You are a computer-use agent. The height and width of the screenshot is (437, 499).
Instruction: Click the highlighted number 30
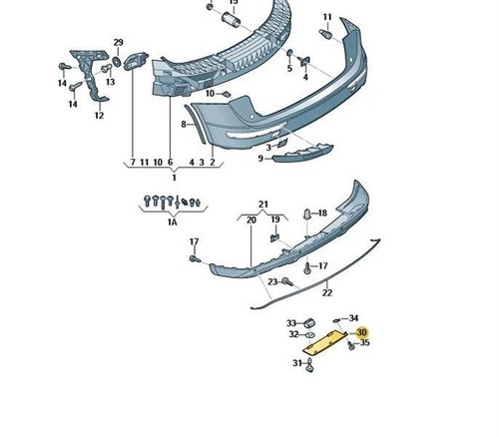pyautogui.click(x=361, y=332)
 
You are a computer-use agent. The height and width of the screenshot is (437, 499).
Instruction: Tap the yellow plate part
pyautogui.click(x=324, y=342)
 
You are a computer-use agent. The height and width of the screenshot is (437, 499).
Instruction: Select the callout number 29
pyautogui.click(x=118, y=42)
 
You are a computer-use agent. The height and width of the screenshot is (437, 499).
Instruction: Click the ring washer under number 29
pyautogui.click(x=117, y=61)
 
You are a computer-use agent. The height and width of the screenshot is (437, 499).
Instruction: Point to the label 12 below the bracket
pyautogui.click(x=99, y=116)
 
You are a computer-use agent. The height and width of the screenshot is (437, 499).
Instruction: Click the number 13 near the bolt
pyautogui.click(x=110, y=82)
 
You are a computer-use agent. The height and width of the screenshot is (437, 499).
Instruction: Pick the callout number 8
pyautogui.click(x=184, y=125)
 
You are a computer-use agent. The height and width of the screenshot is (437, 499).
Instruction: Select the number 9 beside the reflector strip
pyautogui.click(x=260, y=159)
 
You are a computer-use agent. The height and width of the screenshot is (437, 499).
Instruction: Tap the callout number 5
pyautogui.click(x=289, y=68)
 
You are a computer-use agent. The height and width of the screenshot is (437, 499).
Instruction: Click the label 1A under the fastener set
pyautogui.click(x=172, y=222)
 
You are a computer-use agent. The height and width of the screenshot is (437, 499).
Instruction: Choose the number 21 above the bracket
pyautogui.click(x=262, y=205)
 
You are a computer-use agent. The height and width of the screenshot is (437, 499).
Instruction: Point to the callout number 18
pyautogui.click(x=322, y=213)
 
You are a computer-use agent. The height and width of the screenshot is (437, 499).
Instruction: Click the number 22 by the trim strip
pyautogui.click(x=327, y=292)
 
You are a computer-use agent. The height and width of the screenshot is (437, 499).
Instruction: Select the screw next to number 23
pyautogui.click(x=287, y=282)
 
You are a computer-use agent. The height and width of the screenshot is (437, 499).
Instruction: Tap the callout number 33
pyautogui.click(x=291, y=323)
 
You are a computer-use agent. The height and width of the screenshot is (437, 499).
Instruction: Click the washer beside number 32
pyautogui.click(x=310, y=334)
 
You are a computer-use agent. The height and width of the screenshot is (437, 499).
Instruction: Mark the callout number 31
pyautogui.click(x=297, y=363)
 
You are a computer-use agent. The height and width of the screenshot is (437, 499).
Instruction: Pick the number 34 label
pyautogui.click(x=353, y=318)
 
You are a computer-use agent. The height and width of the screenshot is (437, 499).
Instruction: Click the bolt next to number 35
pyautogui.click(x=351, y=345)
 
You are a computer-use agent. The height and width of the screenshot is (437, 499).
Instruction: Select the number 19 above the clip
pyautogui.click(x=275, y=219)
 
